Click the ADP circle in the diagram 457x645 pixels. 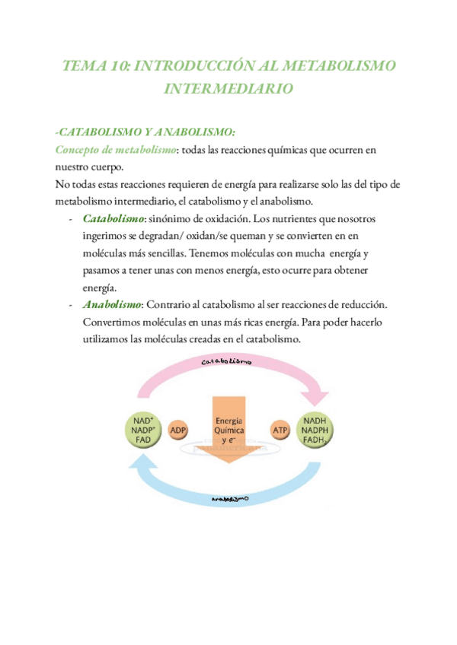pyautogui.click(x=179, y=430)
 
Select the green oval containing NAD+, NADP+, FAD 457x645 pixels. pyautogui.click(x=142, y=430)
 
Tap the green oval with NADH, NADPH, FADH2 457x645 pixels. pyautogui.click(x=316, y=430)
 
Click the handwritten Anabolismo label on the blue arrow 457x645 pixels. pyautogui.click(x=230, y=498)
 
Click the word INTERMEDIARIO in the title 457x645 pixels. pyautogui.click(x=228, y=89)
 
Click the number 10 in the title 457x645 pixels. pyautogui.click(x=118, y=66)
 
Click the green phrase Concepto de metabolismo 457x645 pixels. pyautogui.click(x=116, y=150)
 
